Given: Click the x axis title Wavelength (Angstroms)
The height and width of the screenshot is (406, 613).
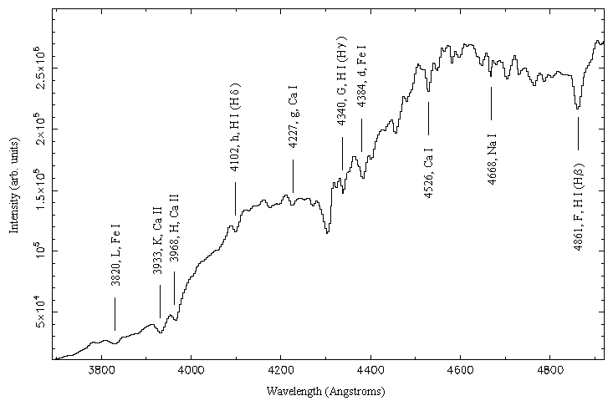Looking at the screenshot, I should (326, 391).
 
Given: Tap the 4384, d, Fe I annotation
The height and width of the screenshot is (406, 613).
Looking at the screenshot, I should (361, 75).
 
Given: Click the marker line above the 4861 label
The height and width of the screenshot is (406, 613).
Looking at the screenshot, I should (578, 133).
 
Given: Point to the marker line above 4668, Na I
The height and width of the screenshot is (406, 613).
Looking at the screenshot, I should (491, 103).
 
